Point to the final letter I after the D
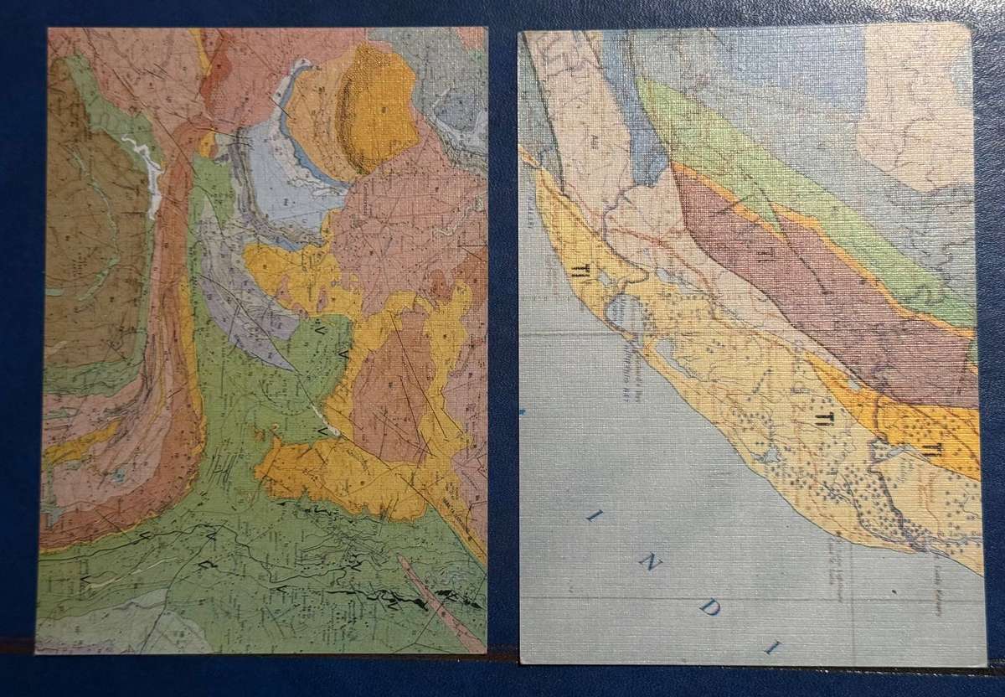coord(771,649)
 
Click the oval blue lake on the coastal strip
coord(626,317)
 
